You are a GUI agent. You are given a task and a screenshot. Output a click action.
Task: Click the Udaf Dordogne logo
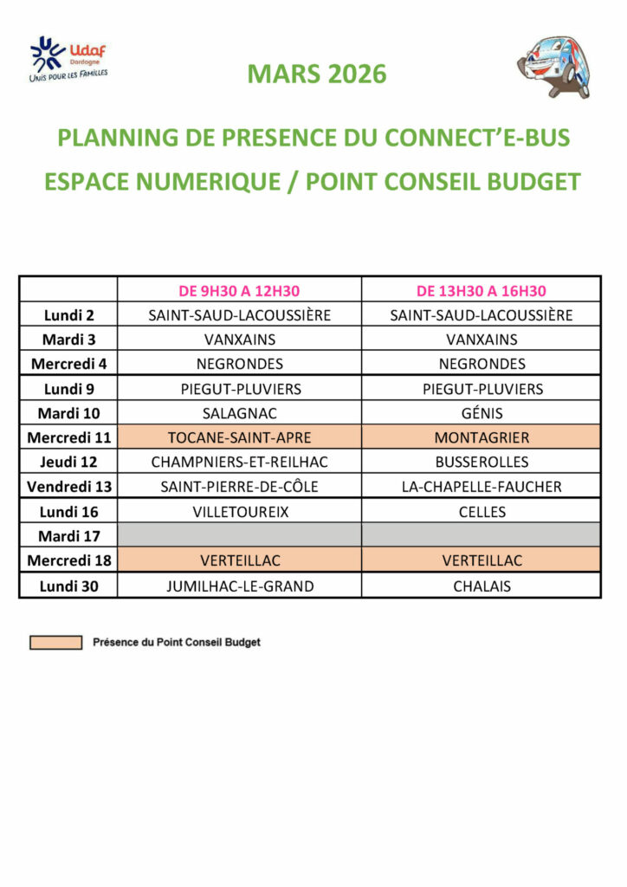pos(68,60)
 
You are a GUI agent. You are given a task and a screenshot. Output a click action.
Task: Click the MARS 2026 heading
pos(317,74)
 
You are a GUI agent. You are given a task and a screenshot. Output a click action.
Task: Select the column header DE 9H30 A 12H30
pos(239,291)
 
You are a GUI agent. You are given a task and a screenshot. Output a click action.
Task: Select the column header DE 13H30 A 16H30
pos(482,291)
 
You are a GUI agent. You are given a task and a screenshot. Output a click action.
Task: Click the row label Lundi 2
pos(68,315)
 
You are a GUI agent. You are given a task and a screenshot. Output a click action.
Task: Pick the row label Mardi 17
pos(68,536)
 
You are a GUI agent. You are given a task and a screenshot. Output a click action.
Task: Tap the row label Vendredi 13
pos(68,487)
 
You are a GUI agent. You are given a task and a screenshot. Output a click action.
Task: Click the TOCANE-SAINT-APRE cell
pos(239,438)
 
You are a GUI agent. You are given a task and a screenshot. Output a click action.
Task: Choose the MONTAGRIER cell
pos(482,438)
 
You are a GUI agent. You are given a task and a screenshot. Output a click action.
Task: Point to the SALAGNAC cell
pos(239,413)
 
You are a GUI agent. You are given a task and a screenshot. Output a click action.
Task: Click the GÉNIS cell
pos(482,413)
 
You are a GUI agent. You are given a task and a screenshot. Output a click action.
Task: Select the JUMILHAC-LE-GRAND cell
pos(239,586)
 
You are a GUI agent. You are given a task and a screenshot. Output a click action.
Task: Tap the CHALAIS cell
pos(482,586)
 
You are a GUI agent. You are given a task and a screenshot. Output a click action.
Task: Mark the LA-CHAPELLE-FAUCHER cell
pos(482,487)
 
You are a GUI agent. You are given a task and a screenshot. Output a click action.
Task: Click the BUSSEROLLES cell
pos(482,463)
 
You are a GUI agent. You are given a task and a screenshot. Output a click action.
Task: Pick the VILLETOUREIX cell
pos(239,512)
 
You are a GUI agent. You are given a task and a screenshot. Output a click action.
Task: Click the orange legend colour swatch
pos(55,643)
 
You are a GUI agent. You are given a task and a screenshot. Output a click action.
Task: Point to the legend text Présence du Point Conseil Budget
pos(176,643)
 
